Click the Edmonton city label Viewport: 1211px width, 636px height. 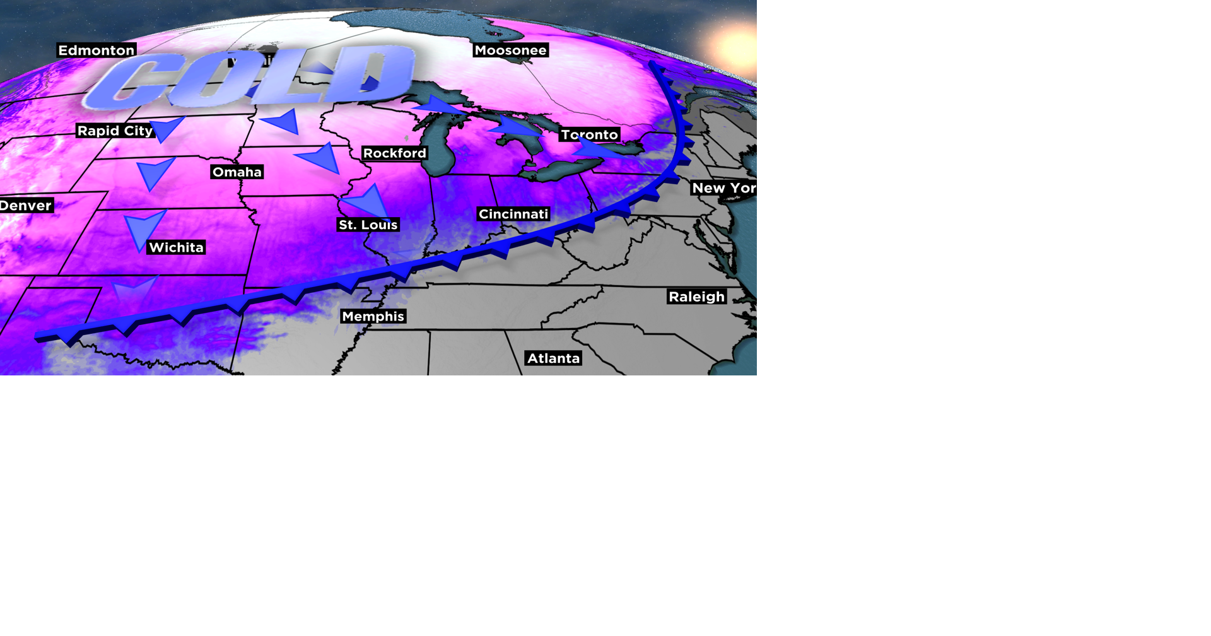tap(97, 50)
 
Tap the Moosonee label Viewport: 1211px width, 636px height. tap(510, 50)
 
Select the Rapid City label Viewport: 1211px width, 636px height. tap(115, 131)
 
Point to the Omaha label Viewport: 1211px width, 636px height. tap(237, 172)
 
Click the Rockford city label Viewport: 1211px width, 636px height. tap(395, 153)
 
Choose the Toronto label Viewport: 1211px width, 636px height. tap(589, 134)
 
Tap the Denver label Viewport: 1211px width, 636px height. tap(26, 205)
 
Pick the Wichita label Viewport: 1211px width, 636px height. tap(176, 247)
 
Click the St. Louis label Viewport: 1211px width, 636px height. tap(368, 225)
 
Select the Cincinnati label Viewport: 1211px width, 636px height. tap(513, 214)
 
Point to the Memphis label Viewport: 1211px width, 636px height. tap(373, 316)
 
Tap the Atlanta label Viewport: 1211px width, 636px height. tap(553, 358)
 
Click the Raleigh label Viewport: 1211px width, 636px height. tap(696, 297)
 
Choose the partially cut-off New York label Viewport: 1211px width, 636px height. tap(723, 188)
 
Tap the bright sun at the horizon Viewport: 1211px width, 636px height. tap(735, 47)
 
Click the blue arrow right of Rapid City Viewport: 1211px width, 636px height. tap(166, 128)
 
